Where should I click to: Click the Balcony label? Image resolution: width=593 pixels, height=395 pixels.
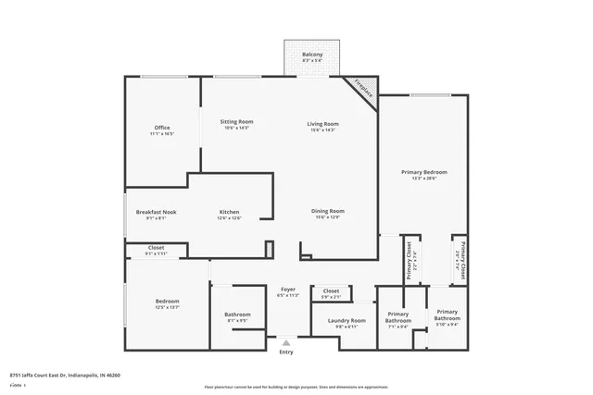[312, 55]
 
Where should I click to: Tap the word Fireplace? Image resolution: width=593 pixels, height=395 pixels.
[364, 91]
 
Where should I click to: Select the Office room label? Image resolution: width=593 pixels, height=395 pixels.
[162, 128]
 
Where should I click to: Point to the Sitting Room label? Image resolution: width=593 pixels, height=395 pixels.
[236, 122]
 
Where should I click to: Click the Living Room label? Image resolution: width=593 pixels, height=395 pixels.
[323, 123]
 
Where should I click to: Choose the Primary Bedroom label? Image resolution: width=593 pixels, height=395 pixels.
[424, 172]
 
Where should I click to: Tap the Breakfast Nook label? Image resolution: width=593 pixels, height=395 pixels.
[156, 212]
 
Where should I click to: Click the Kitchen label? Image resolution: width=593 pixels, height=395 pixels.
[229, 212]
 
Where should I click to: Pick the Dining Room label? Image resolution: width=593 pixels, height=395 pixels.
[328, 211]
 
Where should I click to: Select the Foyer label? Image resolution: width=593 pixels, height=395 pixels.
[287, 290]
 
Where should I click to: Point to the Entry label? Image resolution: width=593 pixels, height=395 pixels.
[286, 352]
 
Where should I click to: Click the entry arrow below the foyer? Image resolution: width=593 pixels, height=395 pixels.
[286, 341]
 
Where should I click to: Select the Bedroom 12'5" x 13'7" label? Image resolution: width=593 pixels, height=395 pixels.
[168, 302]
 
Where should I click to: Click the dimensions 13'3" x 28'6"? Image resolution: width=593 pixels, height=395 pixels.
[424, 179]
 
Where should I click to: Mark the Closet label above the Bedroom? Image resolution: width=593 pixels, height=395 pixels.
[157, 247]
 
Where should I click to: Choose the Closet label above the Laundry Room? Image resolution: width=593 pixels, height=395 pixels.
[331, 290]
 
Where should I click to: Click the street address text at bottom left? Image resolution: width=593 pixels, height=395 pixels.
[66, 375]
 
